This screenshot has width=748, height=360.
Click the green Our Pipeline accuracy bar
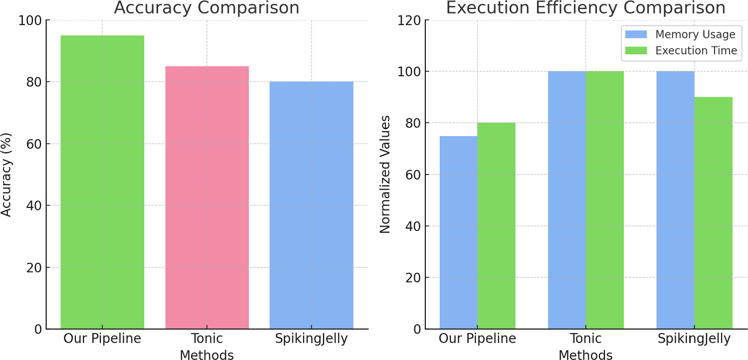coord(102,182)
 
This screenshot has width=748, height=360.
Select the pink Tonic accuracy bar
coord(207,197)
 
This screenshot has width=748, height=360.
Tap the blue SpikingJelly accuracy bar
coord(311,205)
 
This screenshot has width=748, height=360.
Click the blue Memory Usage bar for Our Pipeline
coord(458,232)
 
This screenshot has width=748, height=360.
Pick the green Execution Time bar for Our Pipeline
coord(496,226)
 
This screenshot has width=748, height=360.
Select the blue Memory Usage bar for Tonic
coord(566,200)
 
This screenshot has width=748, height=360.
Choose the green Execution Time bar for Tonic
coord(604,200)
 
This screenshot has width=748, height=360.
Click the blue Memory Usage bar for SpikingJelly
coord(675,200)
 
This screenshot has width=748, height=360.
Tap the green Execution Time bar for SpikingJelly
coord(713,213)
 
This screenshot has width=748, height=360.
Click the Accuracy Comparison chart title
coord(207,8)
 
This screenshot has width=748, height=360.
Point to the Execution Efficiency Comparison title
coord(585,8)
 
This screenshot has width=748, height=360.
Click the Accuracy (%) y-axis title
coord(6,175)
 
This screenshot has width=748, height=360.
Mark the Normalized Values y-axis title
coord(384,175)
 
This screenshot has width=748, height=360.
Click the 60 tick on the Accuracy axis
coord(32,144)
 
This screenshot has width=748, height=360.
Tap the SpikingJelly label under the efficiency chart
coord(694,339)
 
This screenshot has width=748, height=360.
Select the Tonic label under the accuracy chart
coord(207,339)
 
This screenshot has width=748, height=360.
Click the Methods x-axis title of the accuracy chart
coord(207,355)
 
